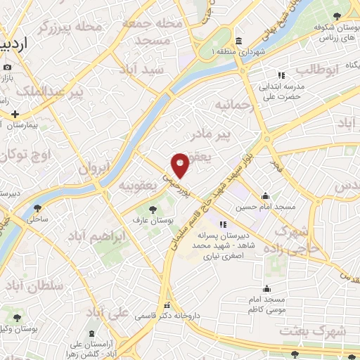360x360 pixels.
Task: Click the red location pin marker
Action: point(181,165)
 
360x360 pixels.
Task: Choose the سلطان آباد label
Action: point(33,285)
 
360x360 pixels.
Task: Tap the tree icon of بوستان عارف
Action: point(153,209)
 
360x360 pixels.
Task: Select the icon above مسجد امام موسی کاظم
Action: point(266,288)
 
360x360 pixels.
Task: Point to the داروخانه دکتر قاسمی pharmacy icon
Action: point(167,306)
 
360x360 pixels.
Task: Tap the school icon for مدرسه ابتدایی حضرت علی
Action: point(281,75)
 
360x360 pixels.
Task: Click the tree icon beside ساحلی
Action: point(37,208)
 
